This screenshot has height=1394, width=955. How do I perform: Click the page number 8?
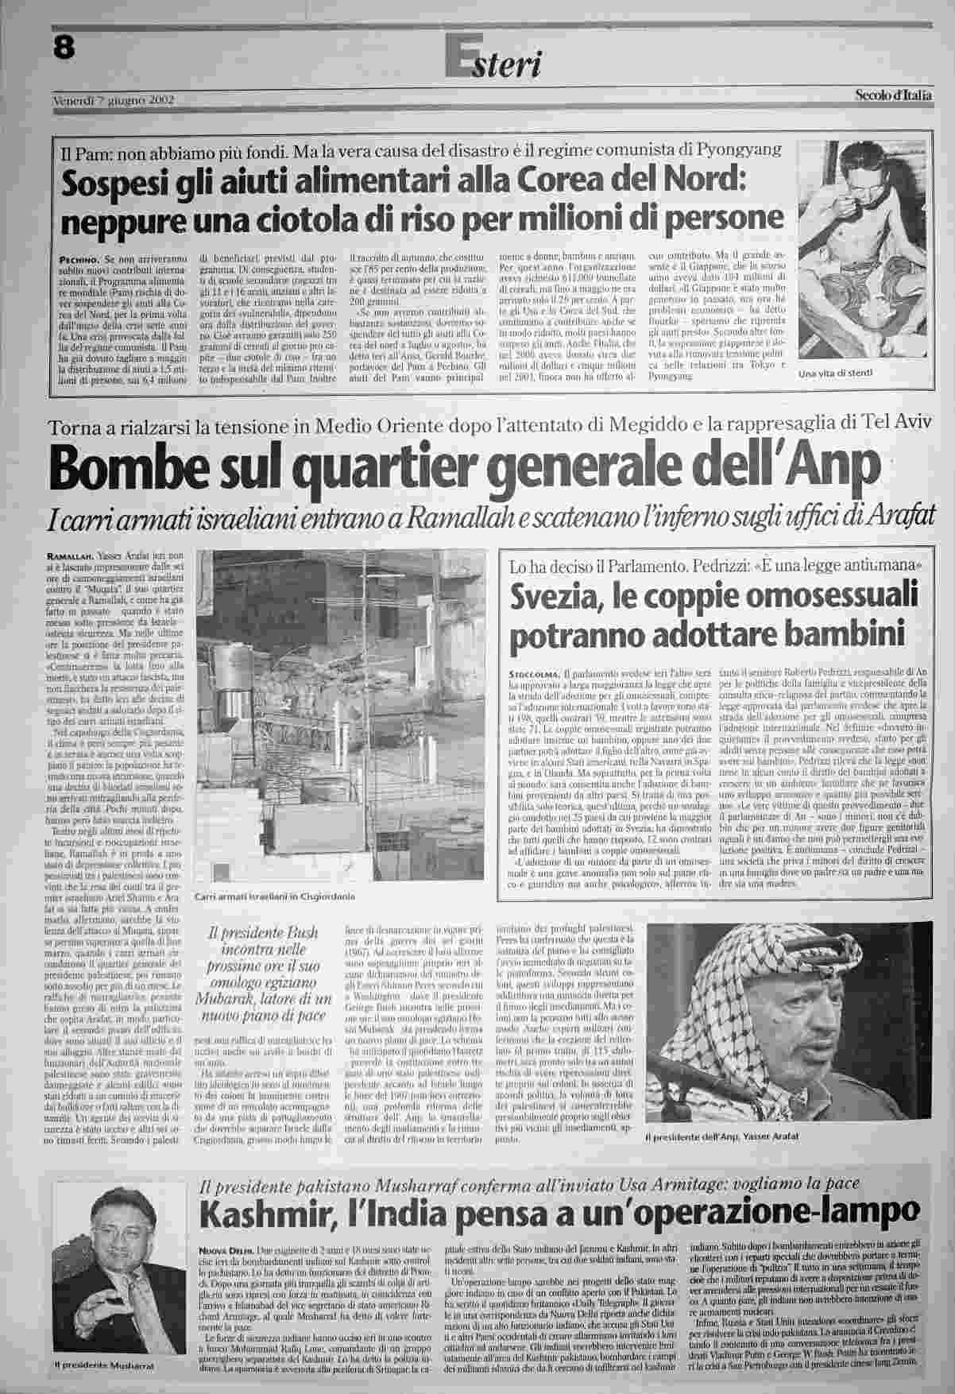tap(64, 48)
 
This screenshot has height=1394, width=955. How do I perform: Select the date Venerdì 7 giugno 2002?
tap(114, 101)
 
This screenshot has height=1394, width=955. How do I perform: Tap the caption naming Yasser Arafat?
tap(721, 1137)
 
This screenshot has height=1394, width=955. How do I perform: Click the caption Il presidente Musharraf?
tap(103, 1365)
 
